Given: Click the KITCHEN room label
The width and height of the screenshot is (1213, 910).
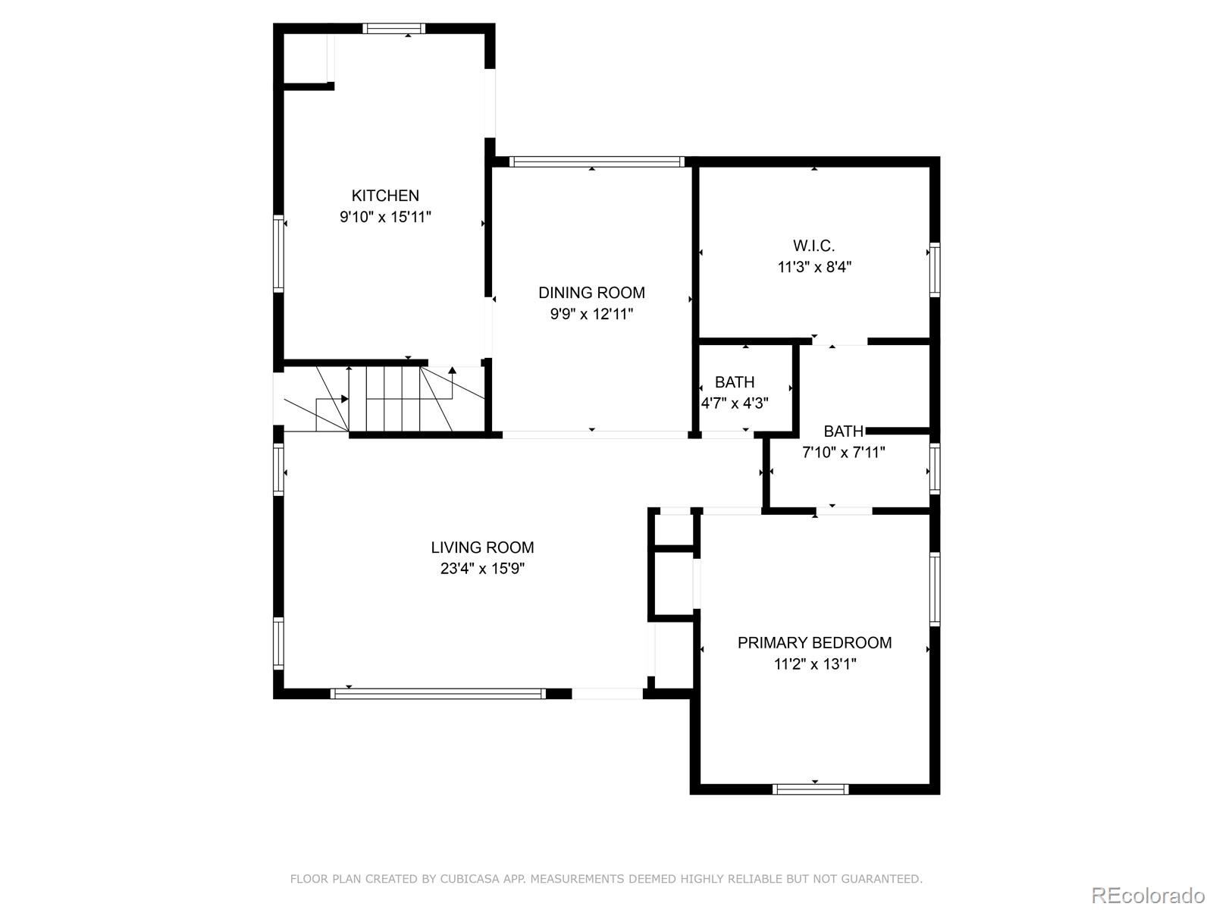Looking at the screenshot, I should pos(385,196).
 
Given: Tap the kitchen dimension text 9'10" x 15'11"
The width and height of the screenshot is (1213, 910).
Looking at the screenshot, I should pos(385,217).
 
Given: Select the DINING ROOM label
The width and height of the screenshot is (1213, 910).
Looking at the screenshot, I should pos(591,293).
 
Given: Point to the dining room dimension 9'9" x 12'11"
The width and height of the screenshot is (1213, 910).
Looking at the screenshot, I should pos(591,314).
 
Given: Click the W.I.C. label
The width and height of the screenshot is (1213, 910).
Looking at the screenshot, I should pos(813,246).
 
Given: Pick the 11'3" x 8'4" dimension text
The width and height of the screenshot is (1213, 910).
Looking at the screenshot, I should pos(814,267).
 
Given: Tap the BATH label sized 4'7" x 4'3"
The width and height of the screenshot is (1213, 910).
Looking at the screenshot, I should pos(734,382).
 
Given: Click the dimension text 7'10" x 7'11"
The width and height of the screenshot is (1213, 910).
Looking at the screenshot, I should pos(843,453).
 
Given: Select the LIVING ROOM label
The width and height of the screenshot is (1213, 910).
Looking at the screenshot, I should pos(482,548).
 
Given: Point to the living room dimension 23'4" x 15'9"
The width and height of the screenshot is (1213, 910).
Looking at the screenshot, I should pos(482,569).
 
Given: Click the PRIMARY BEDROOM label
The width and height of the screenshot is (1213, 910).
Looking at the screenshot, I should pos(814,643).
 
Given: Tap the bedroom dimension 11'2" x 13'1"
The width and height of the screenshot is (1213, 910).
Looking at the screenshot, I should pos(814,664).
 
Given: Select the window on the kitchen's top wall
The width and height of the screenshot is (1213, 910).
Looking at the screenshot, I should pos(393,29).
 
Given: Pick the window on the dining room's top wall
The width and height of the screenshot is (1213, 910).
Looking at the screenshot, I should pos(597,162).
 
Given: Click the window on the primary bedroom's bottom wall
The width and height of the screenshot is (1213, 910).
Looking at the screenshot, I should pos(810,789).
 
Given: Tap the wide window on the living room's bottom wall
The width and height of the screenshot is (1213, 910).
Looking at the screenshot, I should pos(438,693).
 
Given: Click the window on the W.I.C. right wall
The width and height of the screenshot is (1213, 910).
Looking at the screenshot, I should pos(935,269).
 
